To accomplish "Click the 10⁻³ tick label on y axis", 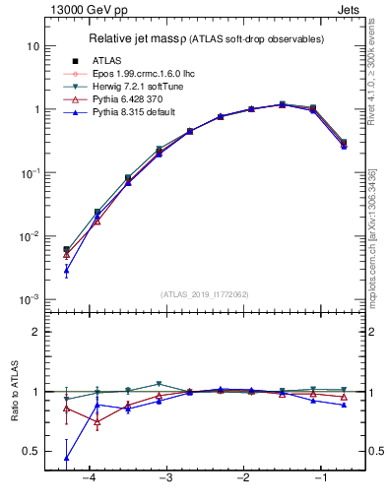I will tap(30, 299).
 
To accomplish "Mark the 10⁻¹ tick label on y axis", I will tap(30, 173).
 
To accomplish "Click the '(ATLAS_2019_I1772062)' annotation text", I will tap(204, 293).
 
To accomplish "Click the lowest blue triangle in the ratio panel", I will tap(66, 458).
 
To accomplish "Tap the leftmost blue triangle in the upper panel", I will tap(66, 270).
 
